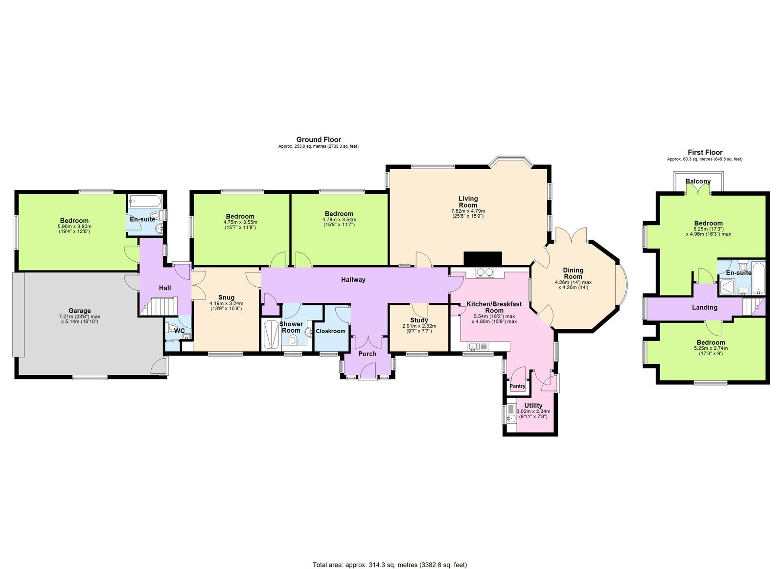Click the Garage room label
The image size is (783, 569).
tap(79, 311)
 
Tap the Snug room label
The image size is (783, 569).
tap(226, 297)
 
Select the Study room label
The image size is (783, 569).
tap(419, 320)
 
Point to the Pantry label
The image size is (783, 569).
tap(517, 386)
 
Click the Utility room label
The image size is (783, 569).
tap(533, 406)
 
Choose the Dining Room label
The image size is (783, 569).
tap(573, 273)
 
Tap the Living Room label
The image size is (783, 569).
tap(468, 202)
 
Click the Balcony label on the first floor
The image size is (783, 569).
tap(698, 182)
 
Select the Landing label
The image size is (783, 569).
tap(705, 307)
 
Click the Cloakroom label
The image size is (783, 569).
tap(330, 331)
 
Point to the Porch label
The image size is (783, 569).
tap(368, 354)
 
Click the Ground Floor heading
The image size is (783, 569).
tap(319, 139)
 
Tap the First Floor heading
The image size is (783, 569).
tap(705, 152)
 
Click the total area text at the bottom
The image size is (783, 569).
tap(390, 565)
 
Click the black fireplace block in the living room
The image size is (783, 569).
tap(483, 258)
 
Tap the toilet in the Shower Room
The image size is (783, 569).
tap(293, 341)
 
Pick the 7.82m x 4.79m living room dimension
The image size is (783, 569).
tap(468, 211)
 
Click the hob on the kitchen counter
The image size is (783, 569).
tap(484, 273)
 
